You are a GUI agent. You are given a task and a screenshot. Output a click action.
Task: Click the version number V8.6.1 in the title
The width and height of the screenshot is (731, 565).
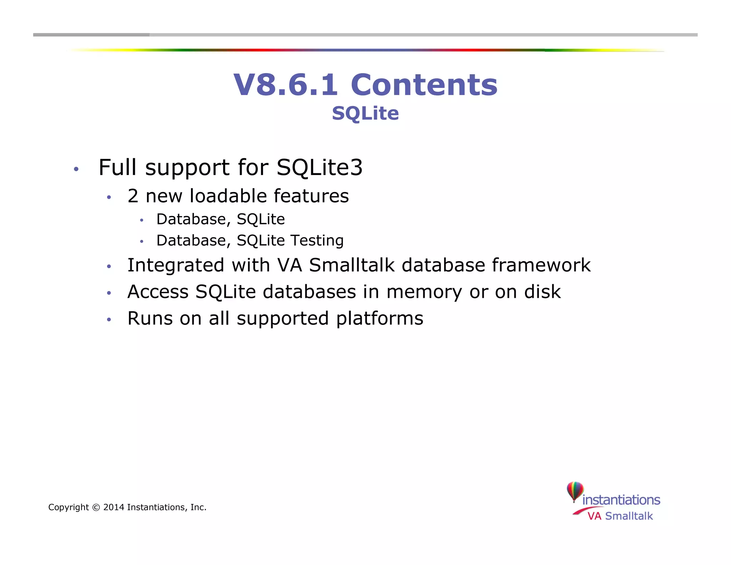coord(286,85)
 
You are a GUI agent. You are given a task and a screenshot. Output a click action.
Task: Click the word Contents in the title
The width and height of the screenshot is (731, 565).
coord(424,85)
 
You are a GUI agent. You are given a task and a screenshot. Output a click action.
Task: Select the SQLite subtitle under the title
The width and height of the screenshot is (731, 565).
coord(365,113)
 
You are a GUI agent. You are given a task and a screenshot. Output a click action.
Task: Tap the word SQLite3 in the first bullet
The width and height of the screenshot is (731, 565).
coord(319,167)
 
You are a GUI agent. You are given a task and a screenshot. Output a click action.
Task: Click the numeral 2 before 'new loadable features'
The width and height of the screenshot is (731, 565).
coord(133,196)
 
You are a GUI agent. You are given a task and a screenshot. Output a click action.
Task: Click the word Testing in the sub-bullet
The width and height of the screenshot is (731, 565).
coord(317,240)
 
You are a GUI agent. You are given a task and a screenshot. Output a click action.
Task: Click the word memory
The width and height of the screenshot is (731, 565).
coord(424,292)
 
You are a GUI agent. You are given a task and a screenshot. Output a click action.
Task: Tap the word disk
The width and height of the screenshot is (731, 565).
coord(542,292)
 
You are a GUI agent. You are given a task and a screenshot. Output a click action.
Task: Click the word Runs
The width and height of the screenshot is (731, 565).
coord(150,319)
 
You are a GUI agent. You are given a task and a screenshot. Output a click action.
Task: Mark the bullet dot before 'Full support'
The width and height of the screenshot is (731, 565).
coord(76,169)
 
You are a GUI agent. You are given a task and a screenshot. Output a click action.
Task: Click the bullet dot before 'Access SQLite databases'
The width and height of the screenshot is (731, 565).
coord(109,293)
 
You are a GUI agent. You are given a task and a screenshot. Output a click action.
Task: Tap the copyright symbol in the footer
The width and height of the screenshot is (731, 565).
coord(96,507)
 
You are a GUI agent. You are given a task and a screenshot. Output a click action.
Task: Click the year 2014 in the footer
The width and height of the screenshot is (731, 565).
coord(114,507)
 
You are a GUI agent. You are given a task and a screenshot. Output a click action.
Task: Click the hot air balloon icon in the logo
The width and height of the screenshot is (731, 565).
coord(575,491)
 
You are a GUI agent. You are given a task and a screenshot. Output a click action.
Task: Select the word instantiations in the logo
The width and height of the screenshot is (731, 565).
coord(621,500)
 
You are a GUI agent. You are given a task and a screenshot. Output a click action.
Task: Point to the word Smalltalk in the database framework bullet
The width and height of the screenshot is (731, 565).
coord(352,265)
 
